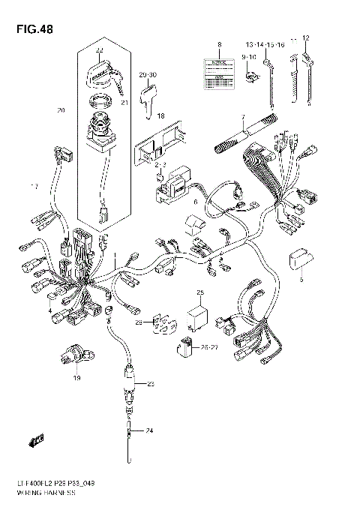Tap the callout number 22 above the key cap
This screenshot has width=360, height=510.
click(x=100, y=50)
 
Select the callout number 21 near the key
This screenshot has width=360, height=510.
click(x=124, y=103)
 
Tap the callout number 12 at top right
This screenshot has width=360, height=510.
click(x=305, y=37)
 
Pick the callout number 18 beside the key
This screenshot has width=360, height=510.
click(x=160, y=116)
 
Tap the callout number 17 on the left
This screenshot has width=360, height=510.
click(x=33, y=185)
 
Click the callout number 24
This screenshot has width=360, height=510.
click(x=148, y=430)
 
